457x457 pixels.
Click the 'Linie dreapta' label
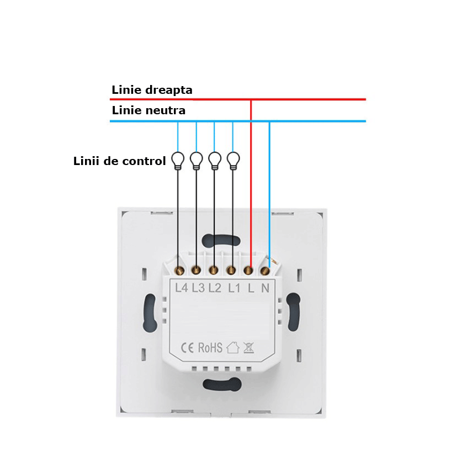[x=152, y=90]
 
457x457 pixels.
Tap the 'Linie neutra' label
[x=148, y=110]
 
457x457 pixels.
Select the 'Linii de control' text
[x=120, y=161]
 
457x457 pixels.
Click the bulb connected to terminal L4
[x=178, y=161]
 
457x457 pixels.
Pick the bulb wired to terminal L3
[x=196, y=161]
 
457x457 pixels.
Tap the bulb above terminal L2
[x=215, y=161]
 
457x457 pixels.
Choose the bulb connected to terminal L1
[x=233, y=161]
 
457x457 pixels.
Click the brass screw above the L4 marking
[x=179, y=271]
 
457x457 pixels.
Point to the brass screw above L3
[x=196, y=270]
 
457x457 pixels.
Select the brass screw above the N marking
[x=265, y=271]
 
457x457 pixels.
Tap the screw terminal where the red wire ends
[x=248, y=270]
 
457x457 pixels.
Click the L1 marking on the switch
[x=234, y=288]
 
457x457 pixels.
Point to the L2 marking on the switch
[x=215, y=288]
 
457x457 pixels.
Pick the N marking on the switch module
[x=265, y=288]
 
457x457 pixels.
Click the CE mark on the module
[x=187, y=348]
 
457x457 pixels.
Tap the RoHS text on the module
[x=210, y=347]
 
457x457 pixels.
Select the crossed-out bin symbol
[x=248, y=348]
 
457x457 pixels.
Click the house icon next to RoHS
[x=233, y=347]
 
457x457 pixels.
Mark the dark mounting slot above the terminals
[x=221, y=241]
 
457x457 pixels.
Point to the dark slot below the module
[x=222, y=385]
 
